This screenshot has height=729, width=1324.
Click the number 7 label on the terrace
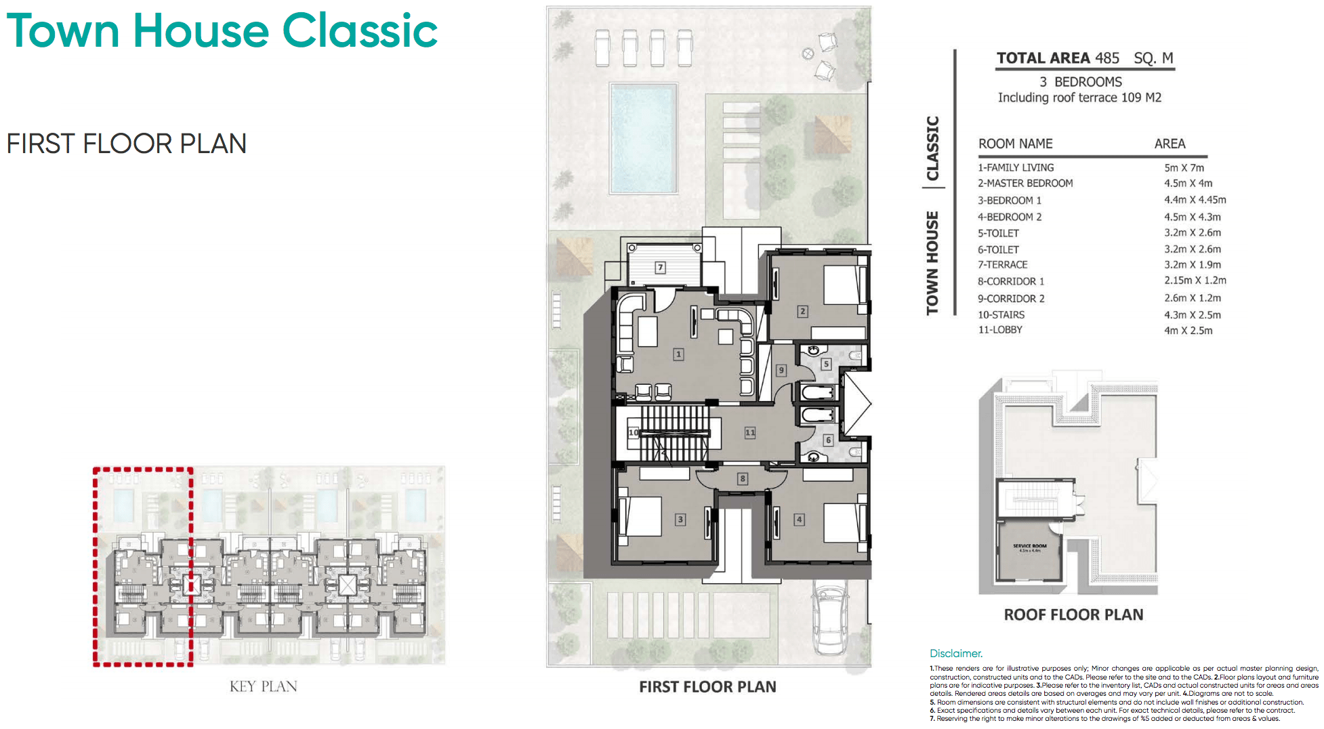click(x=660, y=268)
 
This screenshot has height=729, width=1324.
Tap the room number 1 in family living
click(x=678, y=354)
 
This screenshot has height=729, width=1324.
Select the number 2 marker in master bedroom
click(x=802, y=312)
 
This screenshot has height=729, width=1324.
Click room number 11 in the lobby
click(x=749, y=432)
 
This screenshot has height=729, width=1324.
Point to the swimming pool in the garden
click(x=643, y=139)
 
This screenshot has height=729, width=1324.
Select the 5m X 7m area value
click(x=1184, y=167)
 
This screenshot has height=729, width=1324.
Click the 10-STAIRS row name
click(x=1001, y=314)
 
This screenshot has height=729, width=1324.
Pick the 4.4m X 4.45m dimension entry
click(x=1195, y=200)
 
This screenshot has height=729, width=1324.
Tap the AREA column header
click(x=1170, y=144)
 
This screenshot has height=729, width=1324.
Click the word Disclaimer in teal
click(x=955, y=653)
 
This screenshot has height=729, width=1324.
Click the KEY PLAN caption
click(x=263, y=686)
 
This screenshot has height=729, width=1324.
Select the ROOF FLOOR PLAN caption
click(x=1073, y=615)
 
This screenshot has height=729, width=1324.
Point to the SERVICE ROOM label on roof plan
click(x=1029, y=546)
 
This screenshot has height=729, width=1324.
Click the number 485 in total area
click(x=1107, y=58)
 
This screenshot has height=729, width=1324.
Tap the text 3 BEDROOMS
click(x=1080, y=82)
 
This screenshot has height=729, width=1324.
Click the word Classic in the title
click(x=360, y=31)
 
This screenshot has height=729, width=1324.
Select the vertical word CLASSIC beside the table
click(x=933, y=148)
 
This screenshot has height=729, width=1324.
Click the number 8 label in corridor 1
click(x=743, y=478)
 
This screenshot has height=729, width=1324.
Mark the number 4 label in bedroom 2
click(x=800, y=520)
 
